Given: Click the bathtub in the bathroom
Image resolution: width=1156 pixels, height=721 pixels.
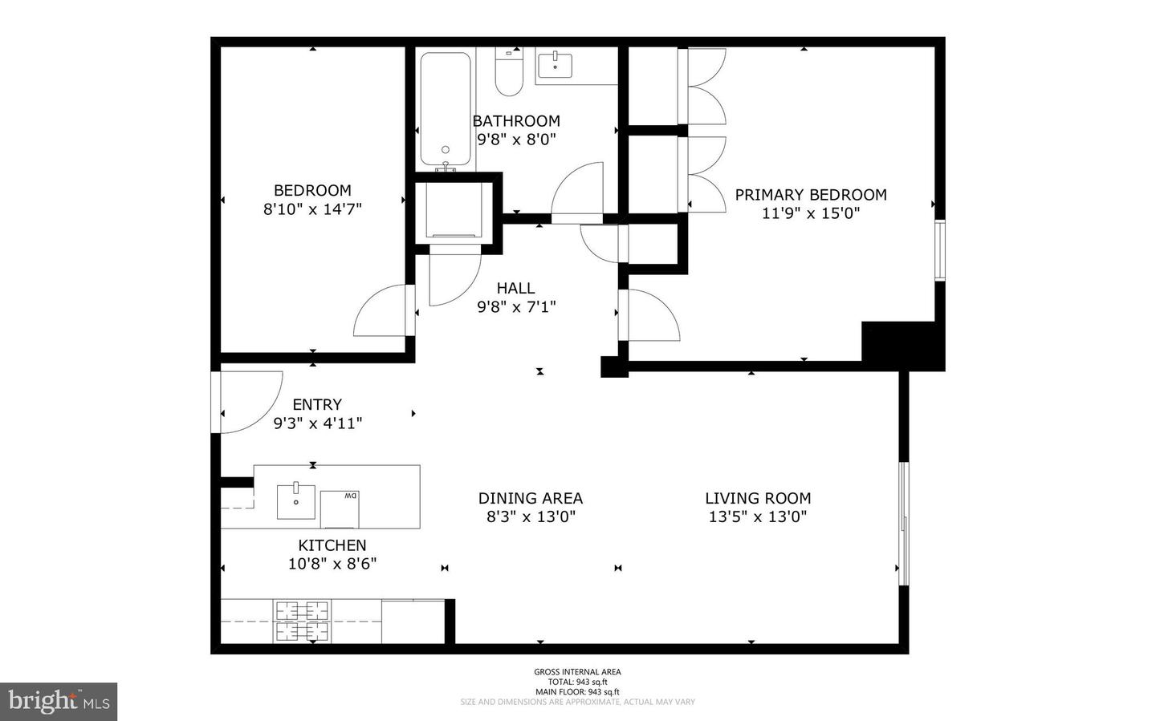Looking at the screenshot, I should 445,110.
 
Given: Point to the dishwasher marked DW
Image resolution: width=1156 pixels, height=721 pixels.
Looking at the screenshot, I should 340,508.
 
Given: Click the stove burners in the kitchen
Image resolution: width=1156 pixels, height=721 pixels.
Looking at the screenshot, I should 303,621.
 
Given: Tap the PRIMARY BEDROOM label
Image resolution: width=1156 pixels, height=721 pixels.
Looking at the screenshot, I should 811,195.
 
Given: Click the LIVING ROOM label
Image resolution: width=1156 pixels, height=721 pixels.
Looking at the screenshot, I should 758,498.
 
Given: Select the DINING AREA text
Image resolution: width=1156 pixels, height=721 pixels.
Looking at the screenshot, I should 531,498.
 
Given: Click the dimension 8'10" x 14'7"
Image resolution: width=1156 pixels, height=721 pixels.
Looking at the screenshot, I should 312,209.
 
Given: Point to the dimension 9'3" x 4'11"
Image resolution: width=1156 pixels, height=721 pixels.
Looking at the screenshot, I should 317,423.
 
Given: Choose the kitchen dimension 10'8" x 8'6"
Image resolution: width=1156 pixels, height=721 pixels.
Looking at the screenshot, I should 332,564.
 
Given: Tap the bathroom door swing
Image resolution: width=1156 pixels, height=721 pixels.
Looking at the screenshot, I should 576,192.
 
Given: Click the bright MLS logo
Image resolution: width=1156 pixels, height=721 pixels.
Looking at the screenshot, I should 59,702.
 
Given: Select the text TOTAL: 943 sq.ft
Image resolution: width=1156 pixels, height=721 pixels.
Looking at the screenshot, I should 577,682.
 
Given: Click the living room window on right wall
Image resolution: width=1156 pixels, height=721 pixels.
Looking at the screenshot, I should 903,523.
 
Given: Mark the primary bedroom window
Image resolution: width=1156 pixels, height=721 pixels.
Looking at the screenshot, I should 940,250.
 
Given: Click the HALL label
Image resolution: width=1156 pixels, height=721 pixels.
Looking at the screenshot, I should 515,288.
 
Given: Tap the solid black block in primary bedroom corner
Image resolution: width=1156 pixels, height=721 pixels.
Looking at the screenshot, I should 901,345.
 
